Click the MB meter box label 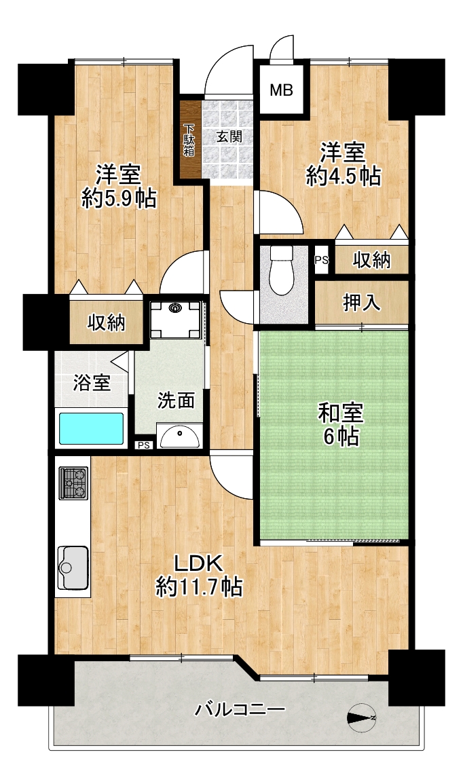click(281, 90)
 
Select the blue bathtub click(92, 428)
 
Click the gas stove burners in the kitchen click(73, 483)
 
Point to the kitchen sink click(73, 567)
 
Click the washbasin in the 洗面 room click(179, 436)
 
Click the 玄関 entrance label click(229, 136)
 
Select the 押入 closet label click(361, 303)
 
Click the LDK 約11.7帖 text click(199, 574)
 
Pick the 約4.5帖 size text click(343, 176)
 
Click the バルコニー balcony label click(240, 709)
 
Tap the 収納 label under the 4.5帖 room click(371, 260)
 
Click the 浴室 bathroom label click(92, 383)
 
